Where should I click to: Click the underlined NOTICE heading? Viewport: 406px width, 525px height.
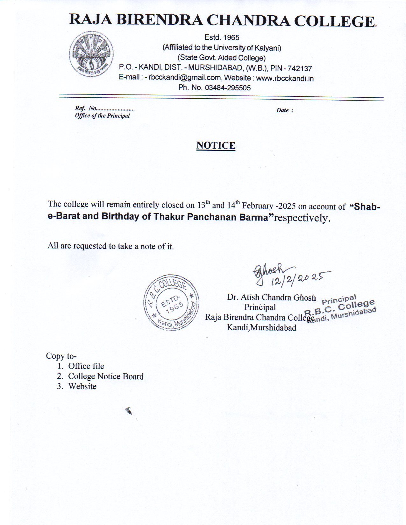[216, 145]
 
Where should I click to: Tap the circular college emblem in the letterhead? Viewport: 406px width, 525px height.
[91, 54]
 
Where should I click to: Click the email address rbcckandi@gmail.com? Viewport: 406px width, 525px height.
[185, 78]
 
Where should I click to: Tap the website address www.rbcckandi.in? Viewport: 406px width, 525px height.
[285, 78]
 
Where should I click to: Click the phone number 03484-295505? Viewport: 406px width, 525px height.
[228, 88]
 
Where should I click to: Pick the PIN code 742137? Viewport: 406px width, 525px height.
[300, 68]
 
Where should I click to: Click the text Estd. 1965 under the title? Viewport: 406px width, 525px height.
[222, 38]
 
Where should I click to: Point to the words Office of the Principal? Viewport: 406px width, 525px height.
[102, 116]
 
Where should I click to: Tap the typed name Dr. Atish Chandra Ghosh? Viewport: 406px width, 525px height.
[271, 297]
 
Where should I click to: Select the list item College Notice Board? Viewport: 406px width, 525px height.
[106, 376]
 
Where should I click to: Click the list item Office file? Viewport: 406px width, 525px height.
[86, 366]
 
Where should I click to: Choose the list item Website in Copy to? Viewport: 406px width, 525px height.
[82, 387]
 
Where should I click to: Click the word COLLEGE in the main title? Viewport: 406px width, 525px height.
[334, 21]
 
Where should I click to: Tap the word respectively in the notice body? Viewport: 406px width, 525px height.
[302, 218]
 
